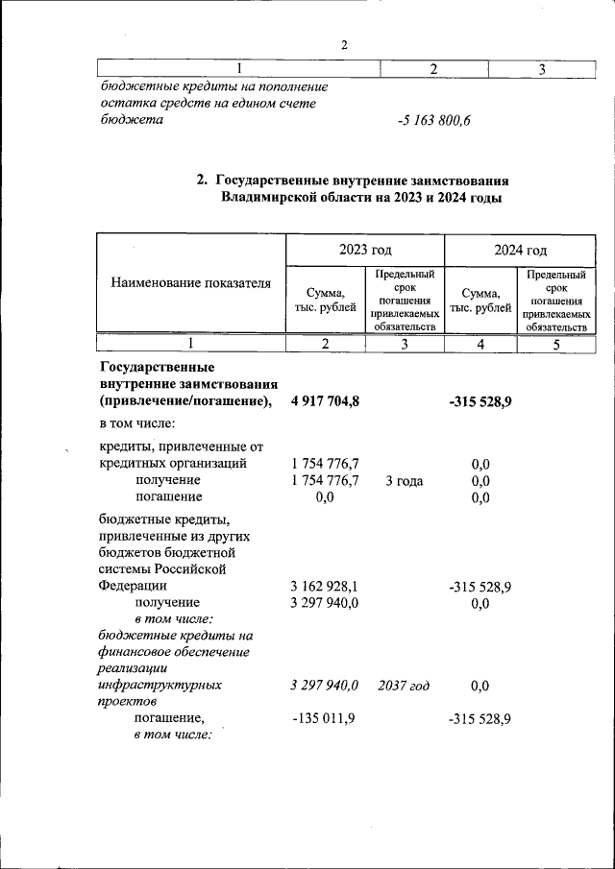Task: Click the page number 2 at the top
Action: pyautogui.click(x=343, y=44)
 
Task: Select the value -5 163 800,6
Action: pyautogui.click(x=433, y=121)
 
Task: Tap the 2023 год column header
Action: pyautogui.click(x=364, y=250)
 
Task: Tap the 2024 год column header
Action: pyautogui.click(x=520, y=250)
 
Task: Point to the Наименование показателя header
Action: pyautogui.click(x=190, y=283)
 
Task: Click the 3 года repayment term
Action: pyautogui.click(x=404, y=481)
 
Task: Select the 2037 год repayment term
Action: pyautogui.click(x=404, y=686)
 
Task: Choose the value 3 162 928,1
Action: pyautogui.click(x=325, y=586)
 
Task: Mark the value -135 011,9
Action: pyautogui.click(x=325, y=719)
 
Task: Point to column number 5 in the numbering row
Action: pyautogui.click(x=556, y=345)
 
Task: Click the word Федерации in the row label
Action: pyautogui.click(x=133, y=586)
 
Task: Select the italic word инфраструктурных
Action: pyautogui.click(x=160, y=686)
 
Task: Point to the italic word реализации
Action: pyautogui.click(x=134, y=669)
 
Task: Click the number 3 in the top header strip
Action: pyautogui.click(x=542, y=69)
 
